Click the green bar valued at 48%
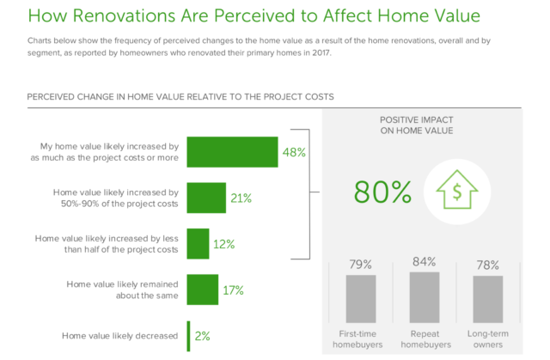pos(232,152)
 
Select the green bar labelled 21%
pos(206,198)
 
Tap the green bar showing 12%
pos(198,244)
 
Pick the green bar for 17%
pos(203,290)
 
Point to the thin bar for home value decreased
pos(188,336)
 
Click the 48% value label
pos(294,152)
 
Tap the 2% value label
pos(203,336)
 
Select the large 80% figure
pos(382,192)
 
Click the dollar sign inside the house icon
pos(457,192)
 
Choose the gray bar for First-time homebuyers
pos(361,299)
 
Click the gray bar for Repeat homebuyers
pos(425,297)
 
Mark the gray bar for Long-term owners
pos(488,299)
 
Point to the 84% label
pos(424,261)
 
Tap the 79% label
pos(361,265)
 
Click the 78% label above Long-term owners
pos(487,265)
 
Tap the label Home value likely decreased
pos(120,336)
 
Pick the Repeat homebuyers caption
pos(426,339)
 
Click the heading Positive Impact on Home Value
pos(417,125)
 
